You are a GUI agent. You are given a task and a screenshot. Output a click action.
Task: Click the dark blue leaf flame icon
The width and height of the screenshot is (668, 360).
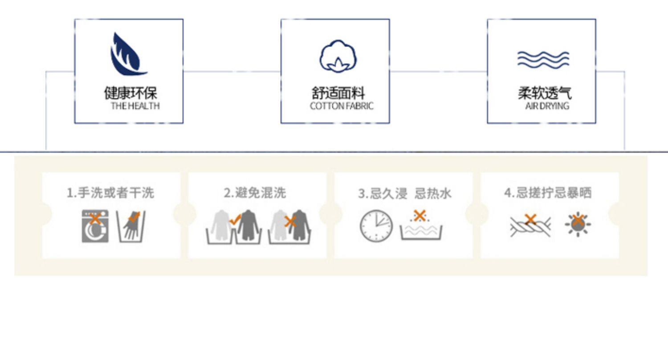pos(127,54)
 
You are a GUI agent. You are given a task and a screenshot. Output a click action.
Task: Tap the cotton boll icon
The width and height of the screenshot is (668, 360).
pos(338,57)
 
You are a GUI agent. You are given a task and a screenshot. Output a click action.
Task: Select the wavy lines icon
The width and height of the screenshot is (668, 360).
pos(543,59)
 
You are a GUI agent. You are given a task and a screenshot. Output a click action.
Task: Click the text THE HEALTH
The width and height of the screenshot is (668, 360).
pos(135,106)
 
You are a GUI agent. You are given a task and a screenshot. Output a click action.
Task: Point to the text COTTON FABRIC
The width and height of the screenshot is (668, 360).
pos(341,106)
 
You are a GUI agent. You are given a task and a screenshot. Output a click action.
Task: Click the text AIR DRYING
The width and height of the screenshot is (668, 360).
pos(547,106)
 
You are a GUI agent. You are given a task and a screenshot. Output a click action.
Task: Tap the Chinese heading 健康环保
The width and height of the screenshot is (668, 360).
pos(130,93)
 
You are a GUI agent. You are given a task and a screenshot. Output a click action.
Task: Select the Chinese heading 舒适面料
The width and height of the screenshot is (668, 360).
pos(338,93)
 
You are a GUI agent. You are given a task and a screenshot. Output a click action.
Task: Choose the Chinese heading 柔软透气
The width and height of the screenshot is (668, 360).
pos(544,93)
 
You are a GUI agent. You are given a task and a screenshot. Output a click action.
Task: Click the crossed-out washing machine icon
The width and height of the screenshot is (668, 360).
pos(95,226)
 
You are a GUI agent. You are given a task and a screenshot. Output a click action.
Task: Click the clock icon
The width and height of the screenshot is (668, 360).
pos(376,226)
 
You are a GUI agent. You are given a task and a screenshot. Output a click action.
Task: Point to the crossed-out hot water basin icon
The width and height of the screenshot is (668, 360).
pos(421,225)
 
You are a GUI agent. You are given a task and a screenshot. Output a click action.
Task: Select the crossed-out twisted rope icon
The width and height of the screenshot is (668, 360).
pos(530,225)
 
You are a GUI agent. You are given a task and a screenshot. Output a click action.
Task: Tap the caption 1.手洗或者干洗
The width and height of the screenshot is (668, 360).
pos(110,193)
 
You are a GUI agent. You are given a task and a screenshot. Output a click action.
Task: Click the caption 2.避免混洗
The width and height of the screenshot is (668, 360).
pos(255,193)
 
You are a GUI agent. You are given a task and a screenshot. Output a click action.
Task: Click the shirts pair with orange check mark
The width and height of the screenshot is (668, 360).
pos(234,226)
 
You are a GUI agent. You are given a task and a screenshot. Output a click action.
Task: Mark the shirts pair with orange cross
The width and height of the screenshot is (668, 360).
pos(289,226)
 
